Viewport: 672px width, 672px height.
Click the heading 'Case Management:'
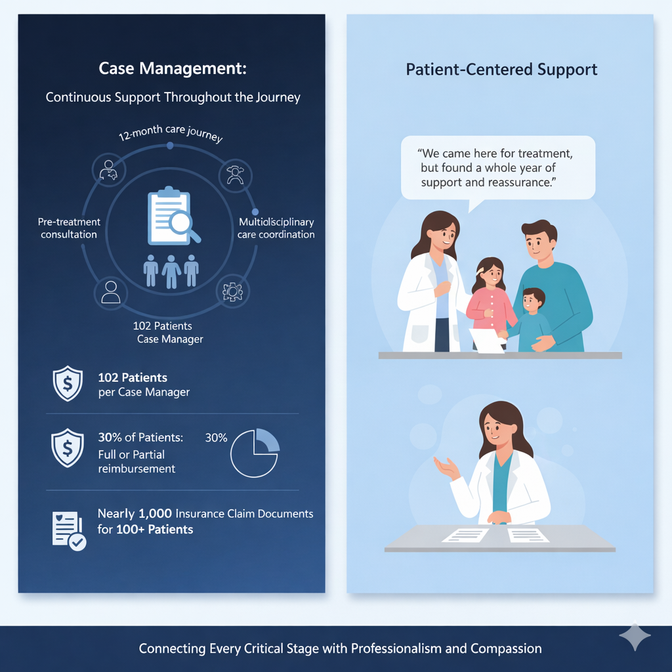click(x=173, y=68)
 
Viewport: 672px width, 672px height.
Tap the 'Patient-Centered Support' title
click(x=501, y=69)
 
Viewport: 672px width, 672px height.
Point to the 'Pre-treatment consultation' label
click(x=69, y=228)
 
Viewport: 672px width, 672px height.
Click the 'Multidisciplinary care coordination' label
click(x=276, y=228)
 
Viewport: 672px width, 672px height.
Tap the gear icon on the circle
click(x=232, y=292)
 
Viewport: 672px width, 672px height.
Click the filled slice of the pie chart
click(x=266, y=440)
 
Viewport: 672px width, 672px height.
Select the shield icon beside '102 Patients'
click(x=68, y=384)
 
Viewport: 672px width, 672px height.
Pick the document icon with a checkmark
click(x=68, y=530)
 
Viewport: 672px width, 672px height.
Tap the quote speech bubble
click(x=497, y=167)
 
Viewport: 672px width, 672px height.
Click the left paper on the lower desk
click(x=465, y=535)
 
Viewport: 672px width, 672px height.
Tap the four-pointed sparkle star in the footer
click(x=635, y=637)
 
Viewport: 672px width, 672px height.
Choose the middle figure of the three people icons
click(x=171, y=270)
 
